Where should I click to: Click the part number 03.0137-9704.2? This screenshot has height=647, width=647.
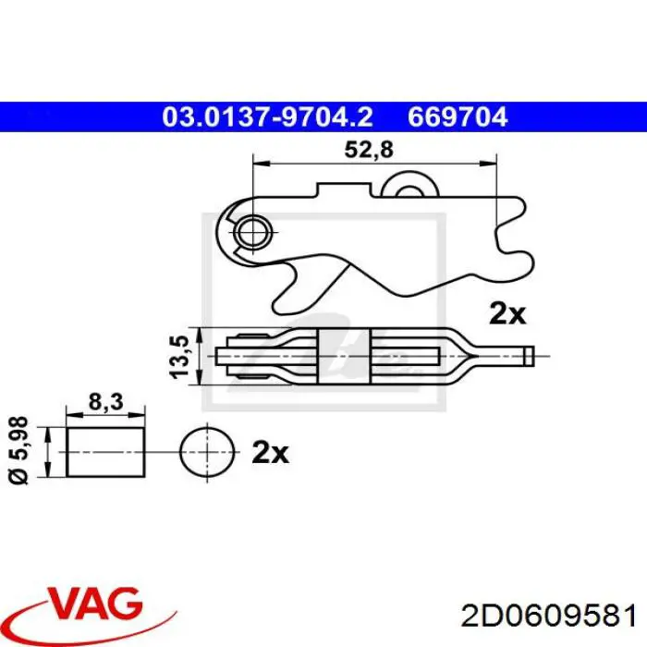pos(268,117)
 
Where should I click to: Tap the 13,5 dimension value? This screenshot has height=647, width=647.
pos(182,354)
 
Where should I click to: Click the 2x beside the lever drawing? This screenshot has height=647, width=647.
pos(507,313)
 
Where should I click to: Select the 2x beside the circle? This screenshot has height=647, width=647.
pos(270,453)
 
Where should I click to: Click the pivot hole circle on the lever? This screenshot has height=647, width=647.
pos(250,231)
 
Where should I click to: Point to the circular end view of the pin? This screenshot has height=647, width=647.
pos(204,452)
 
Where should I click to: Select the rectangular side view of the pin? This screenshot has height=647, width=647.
pos(106,452)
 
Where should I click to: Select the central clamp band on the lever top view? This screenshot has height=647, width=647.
pos(344,354)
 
